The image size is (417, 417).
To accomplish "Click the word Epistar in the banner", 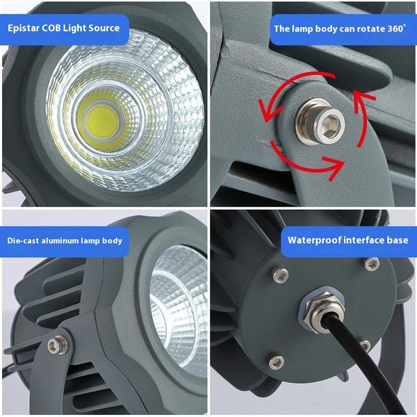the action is point(24,28).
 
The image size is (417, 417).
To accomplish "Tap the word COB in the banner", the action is point(51,28).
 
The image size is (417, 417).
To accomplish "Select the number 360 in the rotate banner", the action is point(395,28).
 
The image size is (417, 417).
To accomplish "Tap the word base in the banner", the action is point(398,240).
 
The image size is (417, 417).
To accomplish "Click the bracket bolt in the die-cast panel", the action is point(58,345).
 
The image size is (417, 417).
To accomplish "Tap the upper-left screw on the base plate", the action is point(280,275).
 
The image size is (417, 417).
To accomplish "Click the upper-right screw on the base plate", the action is point(372,264).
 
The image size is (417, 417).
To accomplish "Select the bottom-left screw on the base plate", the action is point(277,362).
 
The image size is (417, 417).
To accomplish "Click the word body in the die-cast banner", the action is point(113,241).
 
